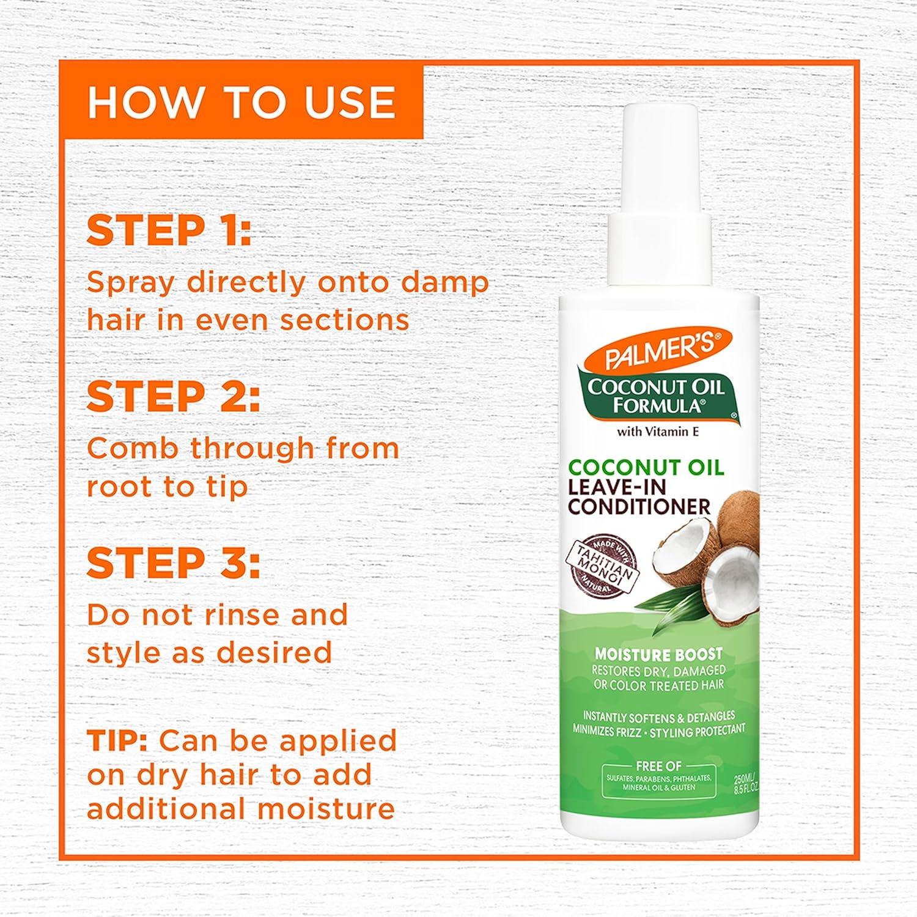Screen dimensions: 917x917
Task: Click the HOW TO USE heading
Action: tap(241, 102)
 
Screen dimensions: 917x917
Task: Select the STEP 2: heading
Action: tap(173, 397)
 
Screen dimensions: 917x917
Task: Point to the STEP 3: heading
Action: tap(173, 563)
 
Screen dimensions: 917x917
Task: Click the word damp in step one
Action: tap(453, 282)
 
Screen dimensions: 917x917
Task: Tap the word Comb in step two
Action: tap(132, 449)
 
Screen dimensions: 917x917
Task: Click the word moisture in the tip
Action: tap(325, 809)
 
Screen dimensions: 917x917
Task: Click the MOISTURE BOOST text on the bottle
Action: tap(658, 654)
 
